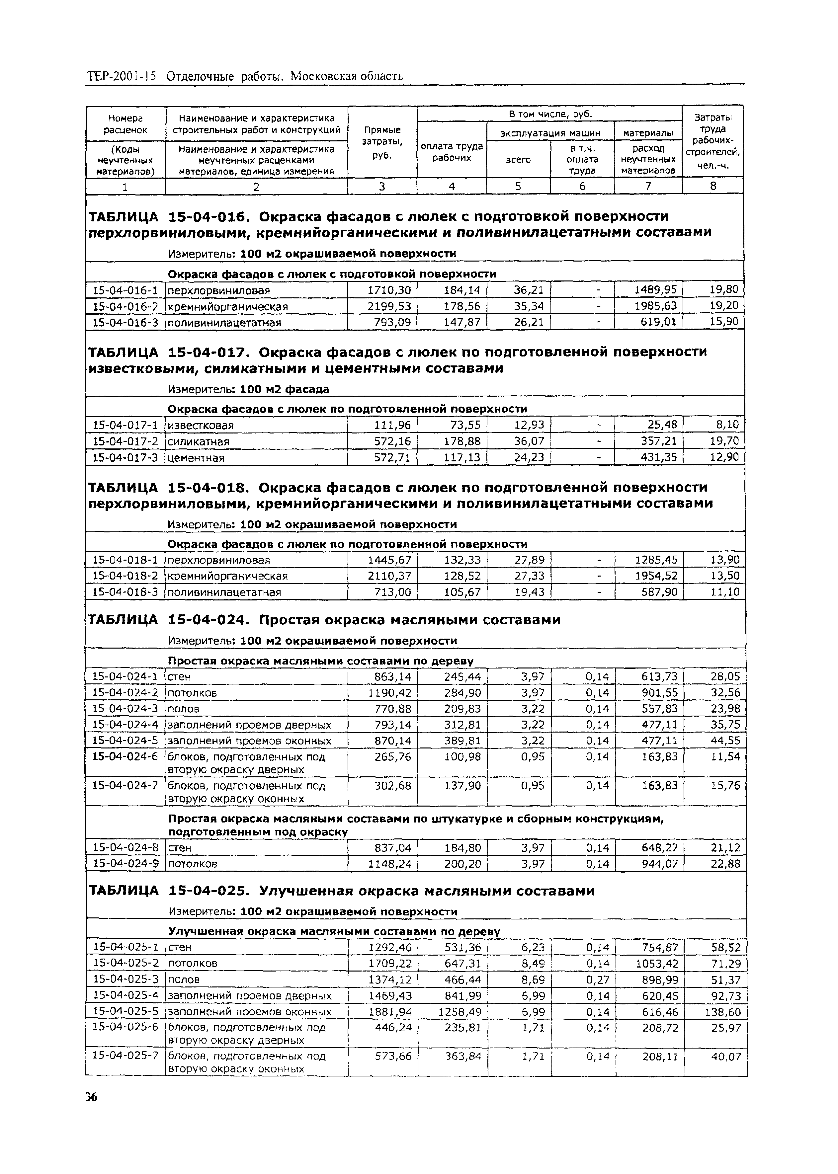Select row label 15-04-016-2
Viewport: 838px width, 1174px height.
click(x=125, y=306)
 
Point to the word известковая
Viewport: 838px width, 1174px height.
click(x=201, y=426)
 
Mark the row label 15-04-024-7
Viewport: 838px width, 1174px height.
click(x=125, y=786)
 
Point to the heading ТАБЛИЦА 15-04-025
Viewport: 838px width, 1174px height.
click(x=170, y=891)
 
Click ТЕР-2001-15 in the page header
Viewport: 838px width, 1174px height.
click(x=122, y=76)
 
